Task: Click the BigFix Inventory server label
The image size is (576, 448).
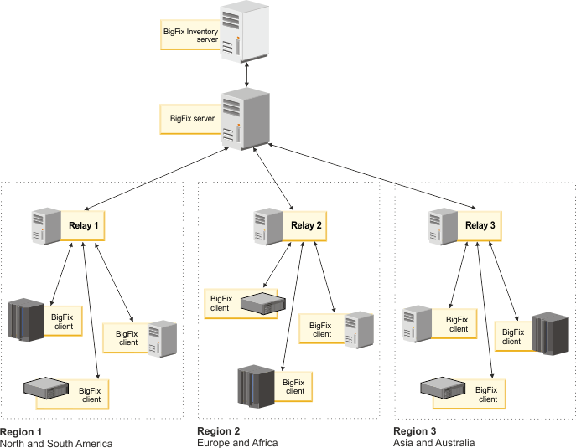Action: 190,36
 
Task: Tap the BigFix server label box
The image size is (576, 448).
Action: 192,118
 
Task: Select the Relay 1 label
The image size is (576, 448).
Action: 82,225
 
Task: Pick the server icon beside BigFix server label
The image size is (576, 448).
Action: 238,120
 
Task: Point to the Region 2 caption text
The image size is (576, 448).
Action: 236,436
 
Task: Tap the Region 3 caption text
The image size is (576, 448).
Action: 433,436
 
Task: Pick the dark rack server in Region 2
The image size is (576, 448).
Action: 255,385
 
